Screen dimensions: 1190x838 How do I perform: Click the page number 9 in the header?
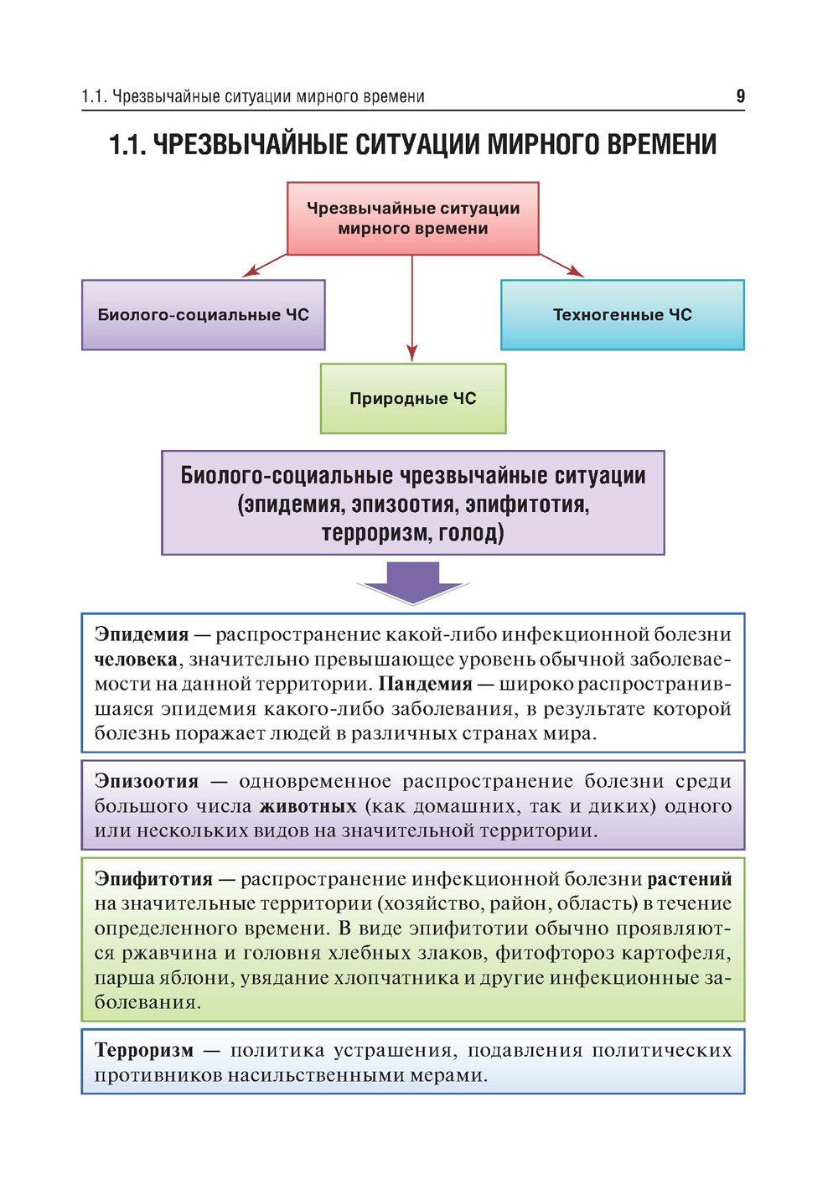pyautogui.click(x=740, y=96)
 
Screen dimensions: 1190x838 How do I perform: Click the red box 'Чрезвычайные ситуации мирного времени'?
pyautogui.click(x=412, y=219)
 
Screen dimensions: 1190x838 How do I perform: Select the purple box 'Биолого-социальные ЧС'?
pyautogui.click(x=203, y=315)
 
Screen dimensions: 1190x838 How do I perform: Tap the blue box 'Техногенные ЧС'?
pyautogui.click(x=622, y=315)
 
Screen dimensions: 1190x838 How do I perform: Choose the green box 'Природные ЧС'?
pyautogui.click(x=412, y=399)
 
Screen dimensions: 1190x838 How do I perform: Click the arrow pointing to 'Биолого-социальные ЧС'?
pyautogui.click(x=263, y=265)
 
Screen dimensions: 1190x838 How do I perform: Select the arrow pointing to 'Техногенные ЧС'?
pyautogui.click(x=561, y=265)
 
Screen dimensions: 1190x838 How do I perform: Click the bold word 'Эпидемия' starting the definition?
pyautogui.click(x=142, y=634)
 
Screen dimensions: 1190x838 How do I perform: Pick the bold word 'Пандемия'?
pyautogui.click(x=425, y=684)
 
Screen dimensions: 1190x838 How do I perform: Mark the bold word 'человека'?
pyautogui.click(x=136, y=660)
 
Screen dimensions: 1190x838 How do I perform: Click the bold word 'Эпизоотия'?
pyautogui.click(x=147, y=781)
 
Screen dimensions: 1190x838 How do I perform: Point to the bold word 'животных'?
pyautogui.click(x=308, y=806)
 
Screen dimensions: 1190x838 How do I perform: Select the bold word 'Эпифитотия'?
pyautogui.click(x=153, y=879)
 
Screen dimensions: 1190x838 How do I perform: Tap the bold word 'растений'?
pyautogui.click(x=690, y=879)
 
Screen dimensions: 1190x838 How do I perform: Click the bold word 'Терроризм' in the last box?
pyautogui.click(x=144, y=1051)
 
